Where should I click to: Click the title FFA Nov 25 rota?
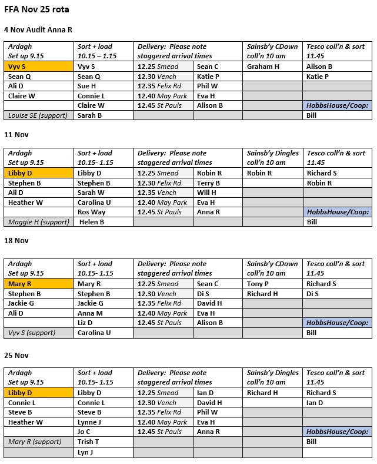pos(34,9)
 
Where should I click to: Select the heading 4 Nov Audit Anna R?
pos(38,29)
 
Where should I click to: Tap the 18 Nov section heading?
pos(16,241)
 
